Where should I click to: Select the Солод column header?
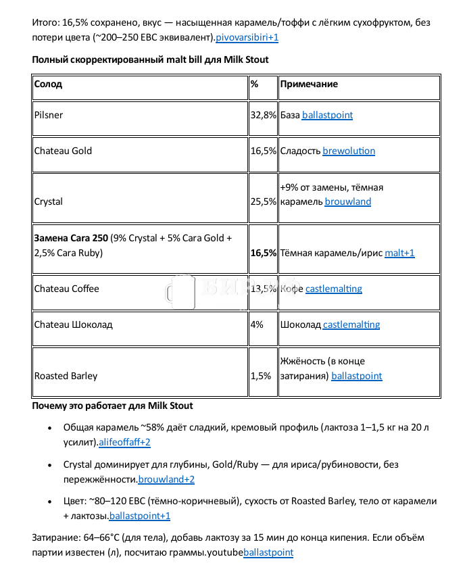(x=48, y=84)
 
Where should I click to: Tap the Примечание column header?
(x=309, y=84)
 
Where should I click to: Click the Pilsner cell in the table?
(x=49, y=115)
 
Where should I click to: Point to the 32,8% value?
(x=263, y=115)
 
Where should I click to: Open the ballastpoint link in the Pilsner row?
(x=327, y=115)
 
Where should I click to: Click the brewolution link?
(x=349, y=151)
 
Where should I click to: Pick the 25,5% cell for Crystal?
(x=263, y=201)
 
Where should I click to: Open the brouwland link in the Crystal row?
(x=347, y=201)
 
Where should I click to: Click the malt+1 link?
(x=399, y=253)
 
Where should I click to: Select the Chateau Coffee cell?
(x=67, y=289)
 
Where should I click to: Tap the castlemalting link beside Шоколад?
(x=351, y=324)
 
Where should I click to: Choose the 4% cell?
(x=257, y=324)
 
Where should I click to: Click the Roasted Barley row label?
(x=66, y=376)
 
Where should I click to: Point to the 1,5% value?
(x=261, y=376)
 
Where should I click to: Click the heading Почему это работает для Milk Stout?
(x=112, y=406)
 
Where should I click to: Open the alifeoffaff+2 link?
(x=124, y=443)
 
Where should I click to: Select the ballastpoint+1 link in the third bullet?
(x=140, y=516)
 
